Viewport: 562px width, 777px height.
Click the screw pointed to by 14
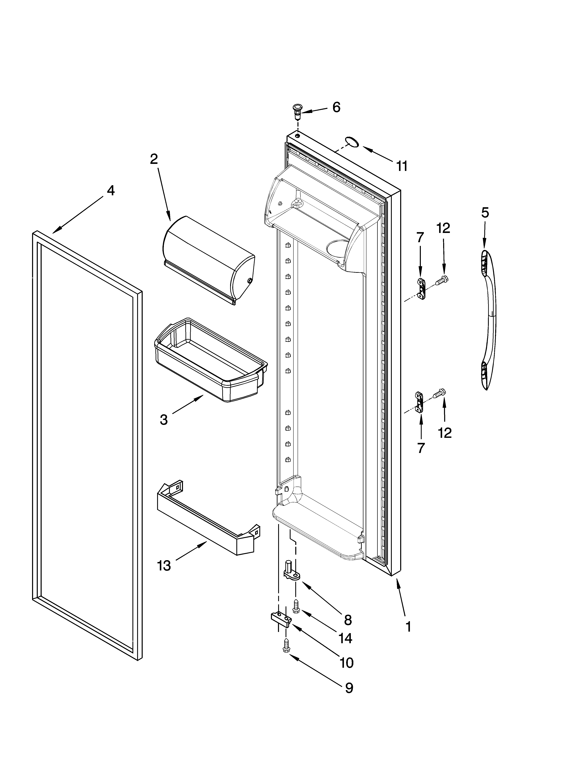[296, 605]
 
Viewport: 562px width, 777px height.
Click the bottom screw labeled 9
[286, 645]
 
